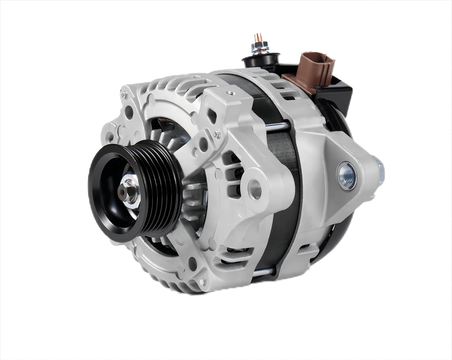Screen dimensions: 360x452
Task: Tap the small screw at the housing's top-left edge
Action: point(123,96)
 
